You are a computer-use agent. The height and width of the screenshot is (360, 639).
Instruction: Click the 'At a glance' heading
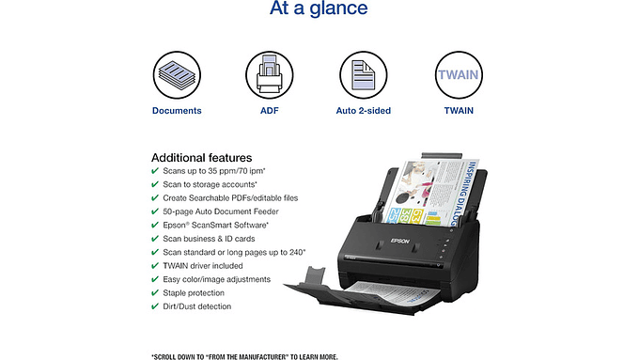click(319, 10)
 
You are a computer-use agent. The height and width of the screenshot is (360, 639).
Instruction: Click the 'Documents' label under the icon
click(177, 111)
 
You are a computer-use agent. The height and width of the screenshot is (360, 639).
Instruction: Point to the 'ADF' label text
click(270, 111)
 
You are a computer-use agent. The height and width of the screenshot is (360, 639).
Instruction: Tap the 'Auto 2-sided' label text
click(364, 111)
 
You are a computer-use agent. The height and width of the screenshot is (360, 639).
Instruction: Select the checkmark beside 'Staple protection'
click(155, 293)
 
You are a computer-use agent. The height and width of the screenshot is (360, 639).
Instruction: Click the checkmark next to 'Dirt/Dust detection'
click(155, 306)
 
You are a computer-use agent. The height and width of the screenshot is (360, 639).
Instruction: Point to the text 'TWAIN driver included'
click(203, 266)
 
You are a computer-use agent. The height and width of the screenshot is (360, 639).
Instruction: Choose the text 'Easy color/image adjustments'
click(216, 279)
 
